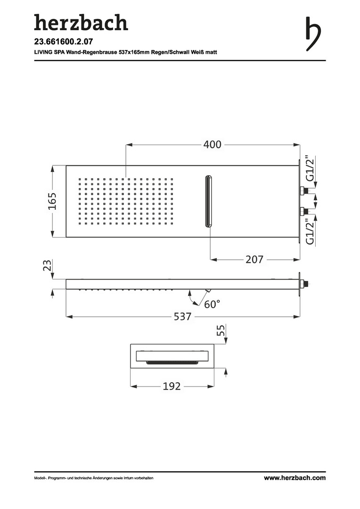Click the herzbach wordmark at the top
[81, 22]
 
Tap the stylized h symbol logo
[313, 34]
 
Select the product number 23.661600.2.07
[63, 41]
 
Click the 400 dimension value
[213, 145]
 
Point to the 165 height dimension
[52, 201]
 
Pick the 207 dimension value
[254, 259]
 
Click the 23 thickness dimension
[48, 265]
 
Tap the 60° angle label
[212, 304]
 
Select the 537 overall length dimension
[182, 317]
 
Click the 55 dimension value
[221, 330]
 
